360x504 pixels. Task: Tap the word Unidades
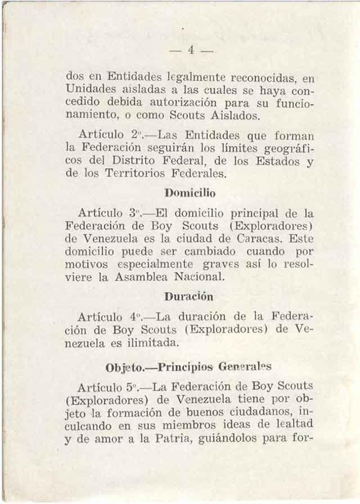(x=91, y=90)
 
